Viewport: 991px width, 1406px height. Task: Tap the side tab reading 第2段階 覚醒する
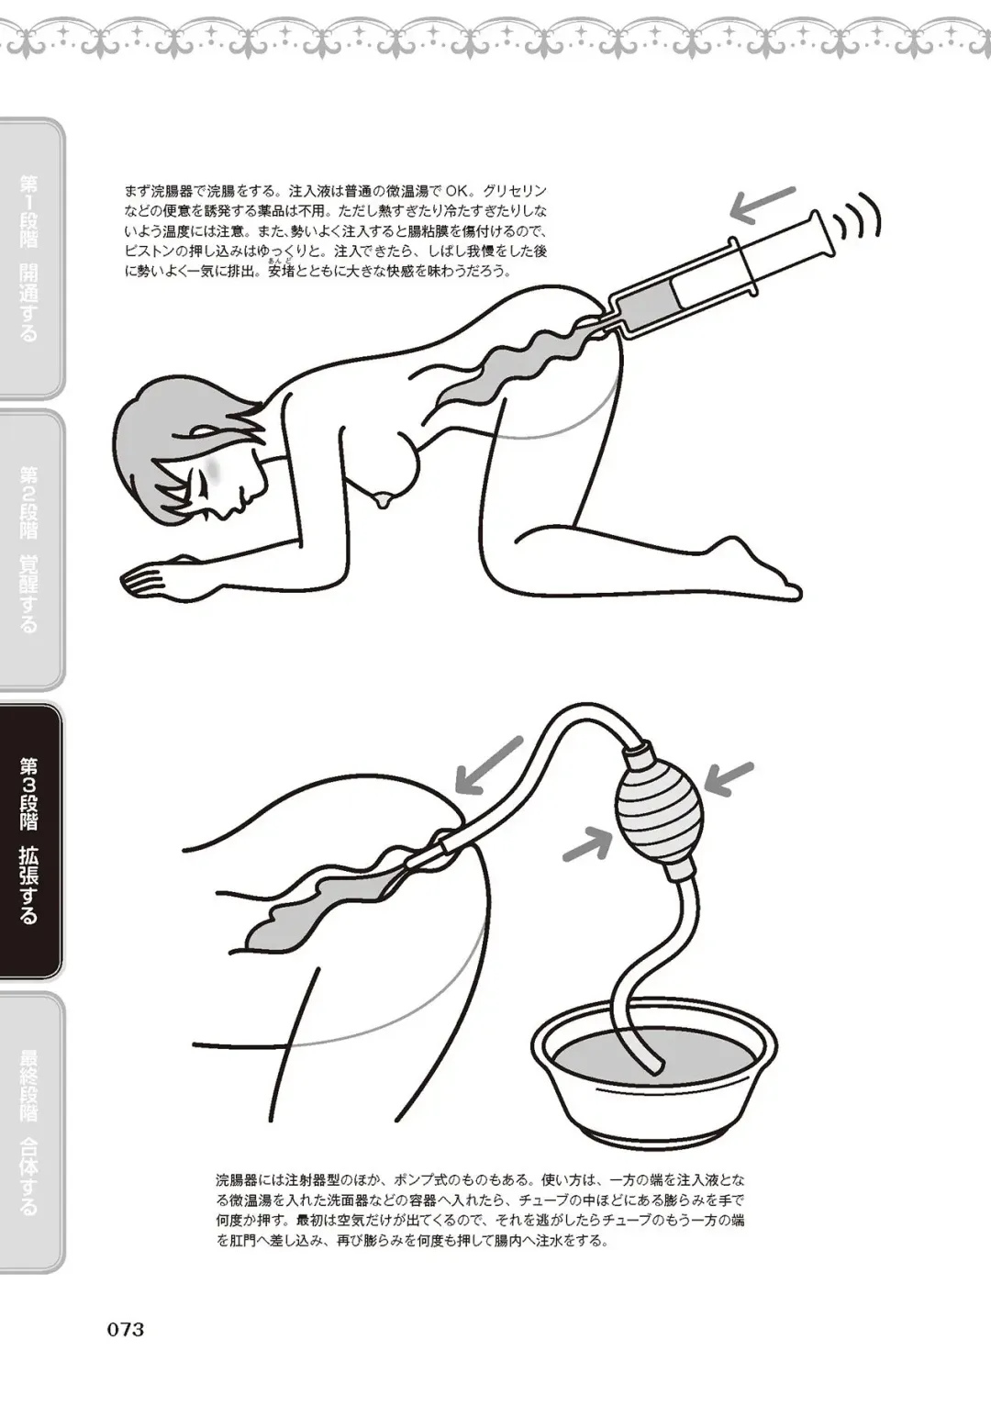point(29,549)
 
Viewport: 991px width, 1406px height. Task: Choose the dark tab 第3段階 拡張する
point(29,840)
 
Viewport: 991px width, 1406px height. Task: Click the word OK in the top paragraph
point(457,192)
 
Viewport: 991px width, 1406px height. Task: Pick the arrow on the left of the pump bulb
point(587,842)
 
